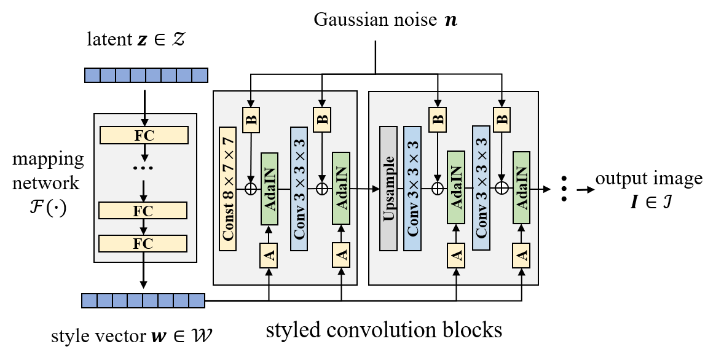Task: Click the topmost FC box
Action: coord(144,135)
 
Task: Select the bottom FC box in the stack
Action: coord(143,243)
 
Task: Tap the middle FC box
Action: coord(143,211)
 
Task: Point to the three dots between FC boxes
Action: coord(143,168)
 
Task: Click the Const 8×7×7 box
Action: coord(228,189)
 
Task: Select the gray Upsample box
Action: coord(388,189)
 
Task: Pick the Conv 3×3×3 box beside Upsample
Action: coord(412,189)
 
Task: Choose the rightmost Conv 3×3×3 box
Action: coord(481,188)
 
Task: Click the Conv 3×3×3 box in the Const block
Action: coord(299,189)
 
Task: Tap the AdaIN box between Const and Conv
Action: coord(270,189)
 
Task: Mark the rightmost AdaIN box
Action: coord(521,188)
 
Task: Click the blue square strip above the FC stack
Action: coord(146,75)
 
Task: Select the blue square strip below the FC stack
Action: coord(143,300)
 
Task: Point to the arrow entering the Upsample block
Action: coord(374,189)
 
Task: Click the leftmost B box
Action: coord(251,120)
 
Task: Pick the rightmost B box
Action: coord(502,119)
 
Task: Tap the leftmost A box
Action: coord(269,256)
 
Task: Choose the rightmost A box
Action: coord(521,256)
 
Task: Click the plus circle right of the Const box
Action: coord(251,189)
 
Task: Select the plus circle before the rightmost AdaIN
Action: coord(502,188)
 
